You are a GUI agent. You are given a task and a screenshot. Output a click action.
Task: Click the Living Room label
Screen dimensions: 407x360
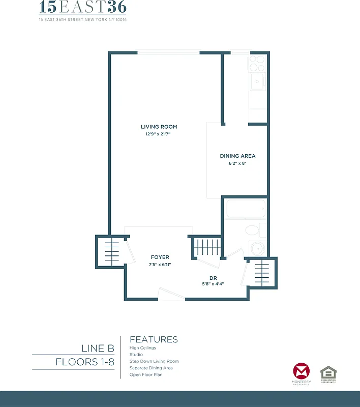(x=159, y=127)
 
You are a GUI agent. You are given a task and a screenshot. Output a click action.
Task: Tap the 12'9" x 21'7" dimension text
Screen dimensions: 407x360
(x=159, y=134)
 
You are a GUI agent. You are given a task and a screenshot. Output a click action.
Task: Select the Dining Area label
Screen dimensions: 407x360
(x=237, y=156)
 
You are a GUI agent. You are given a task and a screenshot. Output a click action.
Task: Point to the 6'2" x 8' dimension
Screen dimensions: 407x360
(x=237, y=164)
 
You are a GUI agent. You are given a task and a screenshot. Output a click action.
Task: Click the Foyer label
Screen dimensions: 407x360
(x=160, y=257)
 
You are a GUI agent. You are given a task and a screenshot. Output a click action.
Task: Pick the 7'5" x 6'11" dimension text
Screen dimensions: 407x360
(x=160, y=265)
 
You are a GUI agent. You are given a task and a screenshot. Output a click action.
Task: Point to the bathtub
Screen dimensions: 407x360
(x=246, y=209)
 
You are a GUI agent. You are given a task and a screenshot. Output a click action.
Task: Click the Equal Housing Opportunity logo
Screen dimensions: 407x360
(x=328, y=374)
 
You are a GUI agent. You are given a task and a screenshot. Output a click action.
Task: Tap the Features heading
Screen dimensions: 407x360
(x=154, y=339)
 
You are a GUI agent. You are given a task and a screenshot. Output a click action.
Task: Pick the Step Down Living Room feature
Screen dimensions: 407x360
(x=154, y=361)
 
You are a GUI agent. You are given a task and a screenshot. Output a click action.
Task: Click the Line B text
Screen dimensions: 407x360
(x=98, y=348)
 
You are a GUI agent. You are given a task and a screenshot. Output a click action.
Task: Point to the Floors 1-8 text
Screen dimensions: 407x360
(x=85, y=362)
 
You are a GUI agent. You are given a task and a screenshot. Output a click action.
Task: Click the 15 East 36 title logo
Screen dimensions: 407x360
(x=83, y=8)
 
